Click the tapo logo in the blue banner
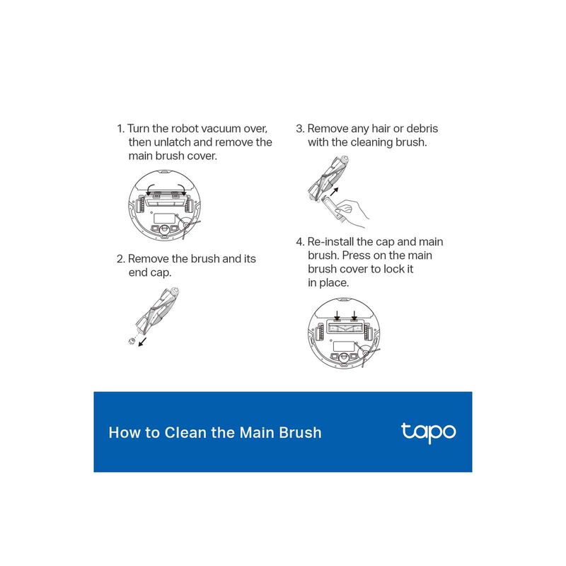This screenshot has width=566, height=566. tap(429, 432)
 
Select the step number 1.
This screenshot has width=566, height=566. tap(120, 129)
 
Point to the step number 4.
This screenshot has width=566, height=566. tap(300, 242)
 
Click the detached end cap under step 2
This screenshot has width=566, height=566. tap(132, 340)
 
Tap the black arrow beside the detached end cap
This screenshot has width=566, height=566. tap(143, 342)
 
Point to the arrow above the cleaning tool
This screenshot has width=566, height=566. tap(334, 191)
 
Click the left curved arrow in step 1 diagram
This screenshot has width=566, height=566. tap(151, 189)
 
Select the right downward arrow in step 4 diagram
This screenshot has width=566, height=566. tap(354, 315)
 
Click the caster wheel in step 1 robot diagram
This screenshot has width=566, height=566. tap(164, 229)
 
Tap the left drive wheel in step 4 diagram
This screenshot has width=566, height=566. tap(320, 332)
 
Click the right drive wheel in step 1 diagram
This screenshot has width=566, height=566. tap(187, 204)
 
